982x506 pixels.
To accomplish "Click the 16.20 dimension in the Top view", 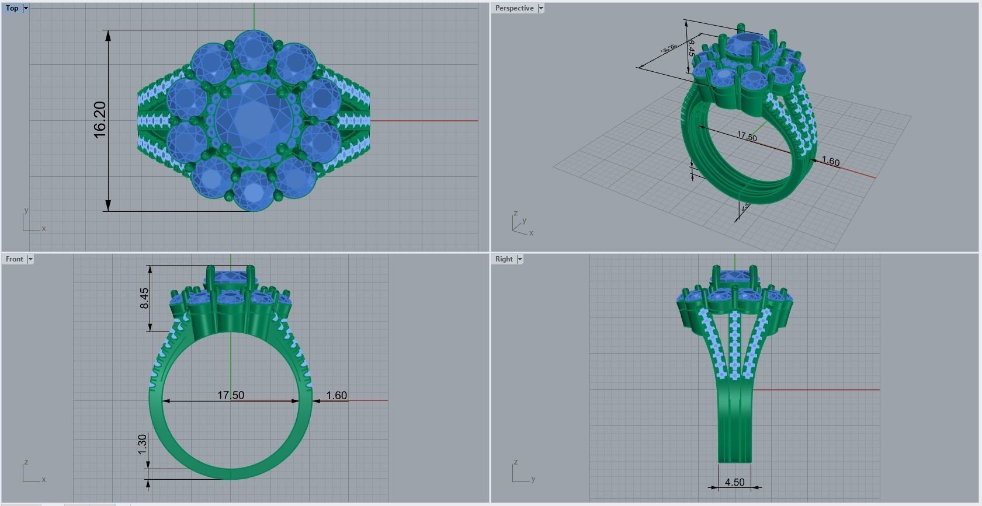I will [x=100, y=120].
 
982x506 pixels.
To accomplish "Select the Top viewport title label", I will [x=12, y=8].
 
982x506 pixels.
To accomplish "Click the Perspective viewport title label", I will [x=514, y=8].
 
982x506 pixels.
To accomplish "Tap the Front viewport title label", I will [x=15, y=259].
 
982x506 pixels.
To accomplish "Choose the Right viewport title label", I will [x=504, y=259].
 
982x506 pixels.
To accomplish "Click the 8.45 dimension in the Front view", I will [x=144, y=298].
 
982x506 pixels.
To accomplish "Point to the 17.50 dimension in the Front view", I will [x=231, y=395].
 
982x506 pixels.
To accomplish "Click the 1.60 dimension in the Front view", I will [x=336, y=395].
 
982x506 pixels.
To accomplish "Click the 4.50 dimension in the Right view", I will [x=734, y=482].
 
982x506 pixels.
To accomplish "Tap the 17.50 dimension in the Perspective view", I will [x=747, y=137].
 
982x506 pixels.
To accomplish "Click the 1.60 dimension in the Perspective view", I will [x=830, y=161].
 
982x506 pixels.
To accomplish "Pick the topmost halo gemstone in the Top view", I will [x=254, y=51].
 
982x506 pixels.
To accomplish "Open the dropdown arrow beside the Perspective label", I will [x=541, y=8].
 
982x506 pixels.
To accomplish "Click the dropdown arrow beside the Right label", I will [x=519, y=259].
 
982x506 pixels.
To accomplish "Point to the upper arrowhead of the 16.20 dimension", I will [x=108, y=35].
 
